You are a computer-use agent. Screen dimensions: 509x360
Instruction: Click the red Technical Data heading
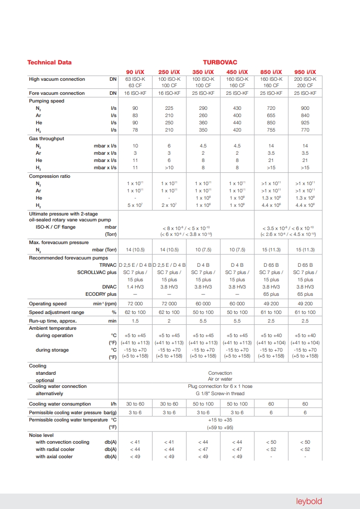[x=49, y=63]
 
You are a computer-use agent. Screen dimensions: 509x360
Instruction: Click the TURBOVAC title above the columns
[x=220, y=63]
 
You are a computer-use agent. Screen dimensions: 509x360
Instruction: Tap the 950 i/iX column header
[x=305, y=72]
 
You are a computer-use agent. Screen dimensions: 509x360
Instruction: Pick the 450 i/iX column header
[x=237, y=72]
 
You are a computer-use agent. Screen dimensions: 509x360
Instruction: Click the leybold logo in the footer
[x=309, y=501]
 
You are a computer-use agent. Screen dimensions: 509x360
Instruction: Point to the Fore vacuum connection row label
[x=57, y=93]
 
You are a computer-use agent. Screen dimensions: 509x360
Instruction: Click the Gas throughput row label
[x=47, y=138]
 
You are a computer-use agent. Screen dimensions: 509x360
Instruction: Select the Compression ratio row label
[x=50, y=176]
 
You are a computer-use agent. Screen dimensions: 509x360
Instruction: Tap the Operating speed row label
[x=48, y=304]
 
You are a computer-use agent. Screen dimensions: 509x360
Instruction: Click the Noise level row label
[x=41, y=435]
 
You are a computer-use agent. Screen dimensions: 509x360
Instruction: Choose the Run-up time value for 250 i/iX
[x=169, y=321]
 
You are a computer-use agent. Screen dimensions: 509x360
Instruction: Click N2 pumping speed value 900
[x=305, y=108]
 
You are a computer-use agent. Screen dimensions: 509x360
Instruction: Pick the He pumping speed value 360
[x=203, y=123]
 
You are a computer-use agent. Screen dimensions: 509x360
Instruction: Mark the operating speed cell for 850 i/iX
[x=271, y=304]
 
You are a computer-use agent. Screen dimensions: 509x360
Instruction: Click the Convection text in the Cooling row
[x=220, y=373]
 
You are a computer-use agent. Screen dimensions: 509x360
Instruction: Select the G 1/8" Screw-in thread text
[x=220, y=393]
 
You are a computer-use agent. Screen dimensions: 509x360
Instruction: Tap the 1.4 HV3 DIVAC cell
[x=135, y=287]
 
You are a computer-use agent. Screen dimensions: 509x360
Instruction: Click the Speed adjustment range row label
[x=56, y=313]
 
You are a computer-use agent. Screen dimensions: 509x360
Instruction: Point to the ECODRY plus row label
[x=101, y=294]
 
